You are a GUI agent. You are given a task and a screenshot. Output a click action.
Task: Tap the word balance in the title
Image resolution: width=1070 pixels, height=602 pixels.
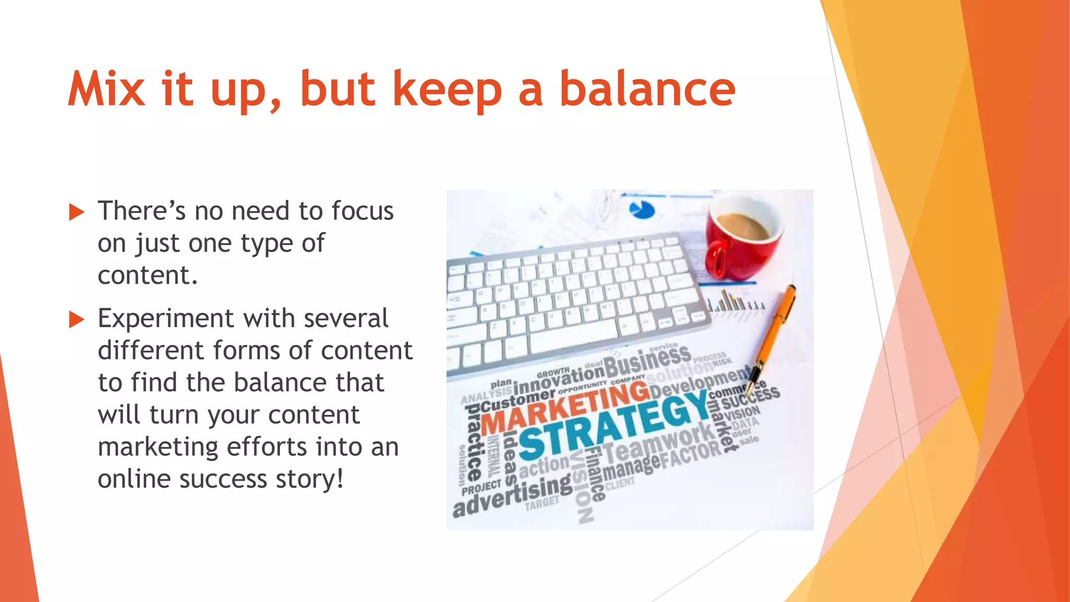tap(647, 89)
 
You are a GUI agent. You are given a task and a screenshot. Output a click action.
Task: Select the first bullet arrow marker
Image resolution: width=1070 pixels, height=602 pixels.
tap(76, 212)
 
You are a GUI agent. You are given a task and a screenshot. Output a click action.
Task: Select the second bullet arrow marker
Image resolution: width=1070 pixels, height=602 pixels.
tap(76, 319)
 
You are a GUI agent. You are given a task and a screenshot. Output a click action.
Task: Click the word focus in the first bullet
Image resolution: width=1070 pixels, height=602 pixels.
tap(362, 211)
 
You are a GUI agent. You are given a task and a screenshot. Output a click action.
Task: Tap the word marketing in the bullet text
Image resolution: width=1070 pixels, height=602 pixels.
tap(158, 447)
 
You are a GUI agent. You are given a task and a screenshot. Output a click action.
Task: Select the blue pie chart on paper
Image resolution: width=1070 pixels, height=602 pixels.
tap(642, 210)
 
